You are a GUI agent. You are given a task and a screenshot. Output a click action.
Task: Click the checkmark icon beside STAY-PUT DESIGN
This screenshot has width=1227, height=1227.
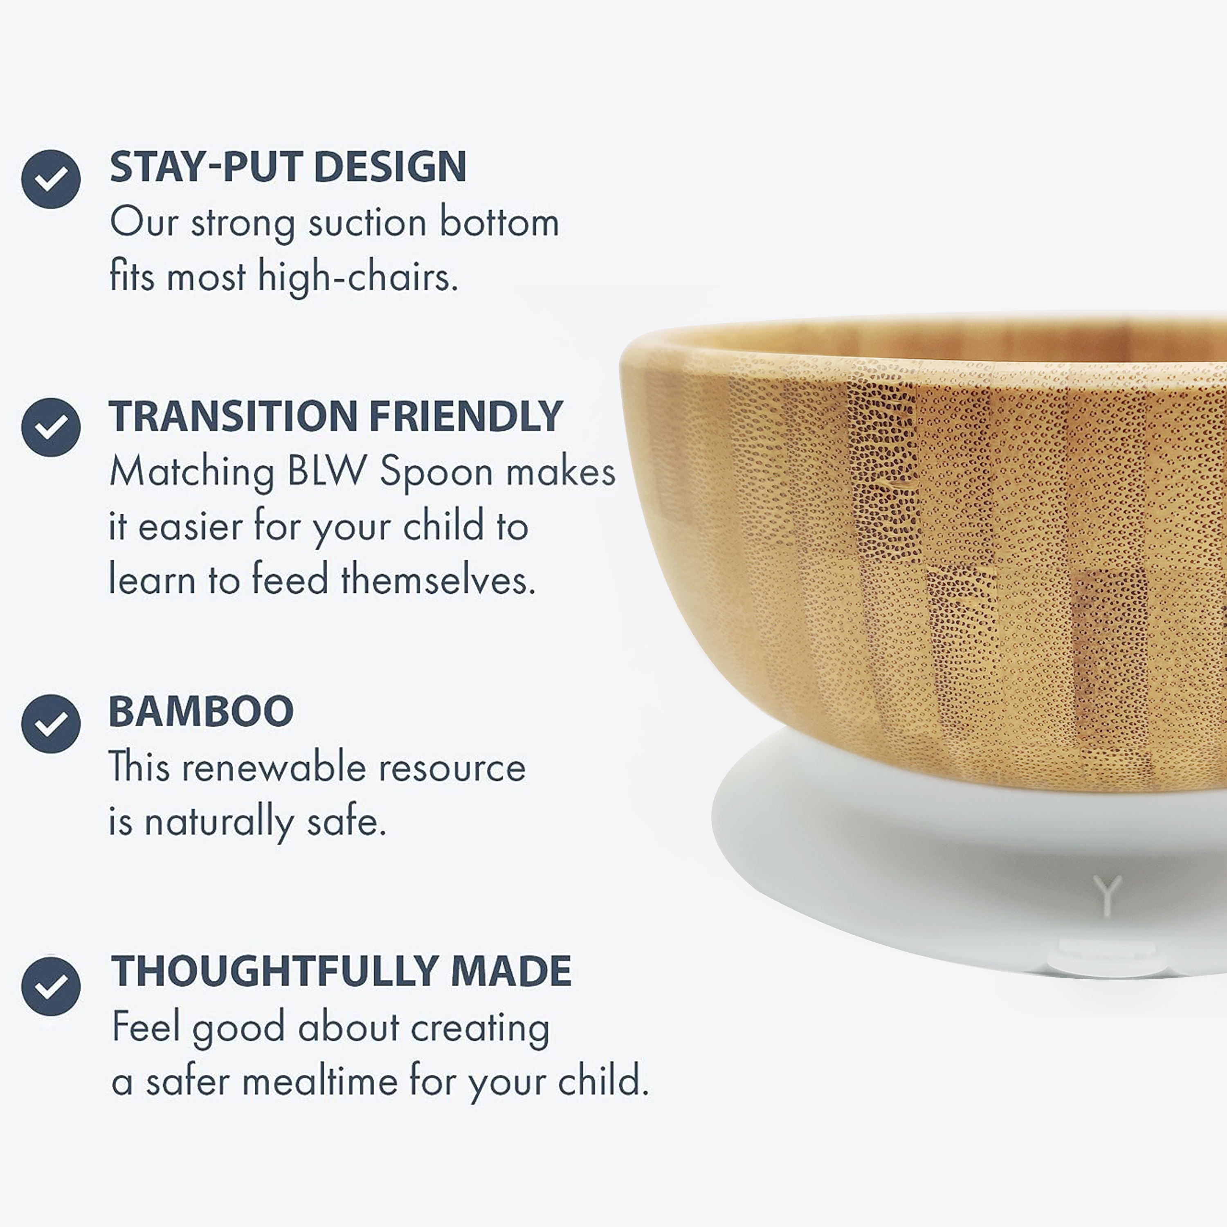click(51, 179)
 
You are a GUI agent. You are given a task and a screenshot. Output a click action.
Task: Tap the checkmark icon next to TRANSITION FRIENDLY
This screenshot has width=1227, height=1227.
click(51, 427)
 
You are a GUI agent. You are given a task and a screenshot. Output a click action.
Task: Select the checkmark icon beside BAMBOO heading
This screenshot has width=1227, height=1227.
click(51, 724)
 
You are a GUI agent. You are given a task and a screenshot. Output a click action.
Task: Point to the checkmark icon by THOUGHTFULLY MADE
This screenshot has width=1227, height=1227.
click(51, 986)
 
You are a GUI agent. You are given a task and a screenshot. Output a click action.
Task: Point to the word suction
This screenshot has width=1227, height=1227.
click(367, 224)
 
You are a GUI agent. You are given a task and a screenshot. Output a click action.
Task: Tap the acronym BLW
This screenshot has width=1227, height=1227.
click(327, 472)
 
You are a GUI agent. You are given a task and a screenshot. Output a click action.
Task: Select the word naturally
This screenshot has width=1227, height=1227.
click(219, 822)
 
